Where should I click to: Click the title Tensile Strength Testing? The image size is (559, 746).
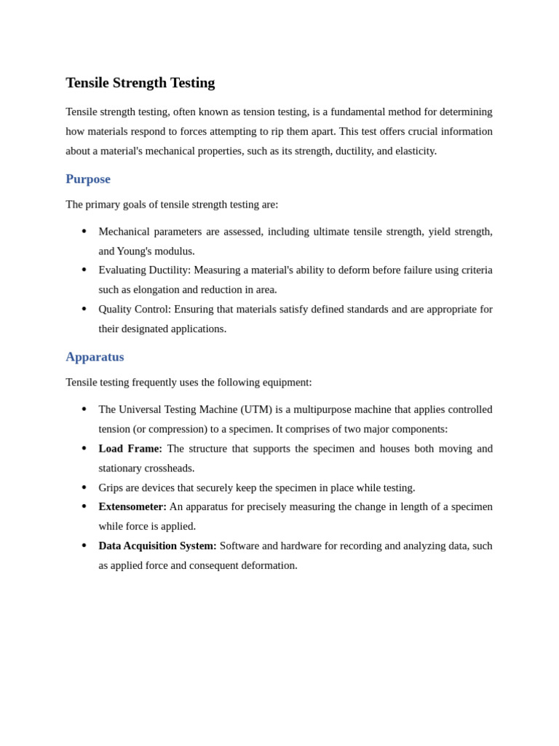140,83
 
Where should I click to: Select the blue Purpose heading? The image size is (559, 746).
88,179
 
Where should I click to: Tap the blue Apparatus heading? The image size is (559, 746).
95,357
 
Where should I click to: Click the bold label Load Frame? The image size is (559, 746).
130,449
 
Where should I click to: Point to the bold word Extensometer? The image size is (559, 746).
132,507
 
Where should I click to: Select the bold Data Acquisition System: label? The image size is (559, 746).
157,546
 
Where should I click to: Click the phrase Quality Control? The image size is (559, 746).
135,309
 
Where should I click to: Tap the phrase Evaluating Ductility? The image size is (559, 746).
144,270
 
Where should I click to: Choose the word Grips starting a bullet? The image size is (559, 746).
112,488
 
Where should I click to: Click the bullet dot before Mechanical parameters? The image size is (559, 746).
84,232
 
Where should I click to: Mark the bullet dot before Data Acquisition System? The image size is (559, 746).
84,546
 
